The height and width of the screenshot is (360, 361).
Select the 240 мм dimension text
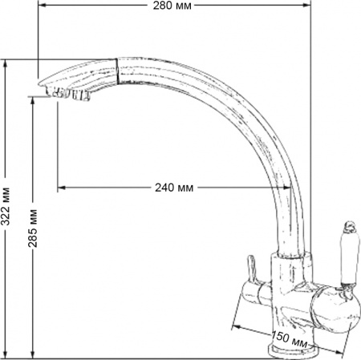tap(174, 188)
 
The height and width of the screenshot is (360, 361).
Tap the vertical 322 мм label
tap(6, 208)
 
